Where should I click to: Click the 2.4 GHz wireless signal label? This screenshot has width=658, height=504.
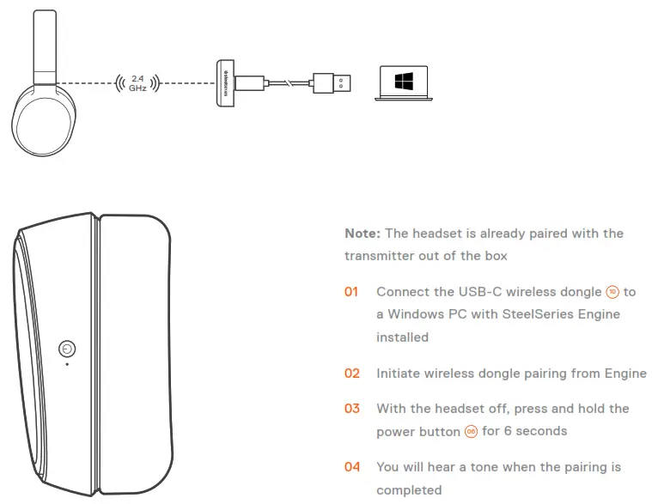137,83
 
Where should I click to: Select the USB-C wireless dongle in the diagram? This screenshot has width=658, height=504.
226,83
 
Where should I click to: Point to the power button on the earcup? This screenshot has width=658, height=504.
67,348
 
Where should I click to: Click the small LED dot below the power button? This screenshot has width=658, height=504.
67,363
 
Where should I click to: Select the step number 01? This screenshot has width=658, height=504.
351,292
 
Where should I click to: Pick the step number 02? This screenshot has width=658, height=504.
351,373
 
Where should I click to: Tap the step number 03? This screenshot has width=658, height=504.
351,409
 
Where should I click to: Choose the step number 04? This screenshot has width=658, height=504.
351,467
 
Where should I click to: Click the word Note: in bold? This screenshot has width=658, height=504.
363,234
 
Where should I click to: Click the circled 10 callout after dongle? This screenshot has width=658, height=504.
612,293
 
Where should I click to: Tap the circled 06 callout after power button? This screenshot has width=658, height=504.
471,432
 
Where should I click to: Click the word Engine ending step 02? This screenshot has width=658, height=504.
624,373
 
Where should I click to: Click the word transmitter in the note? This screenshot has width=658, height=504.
383,256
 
